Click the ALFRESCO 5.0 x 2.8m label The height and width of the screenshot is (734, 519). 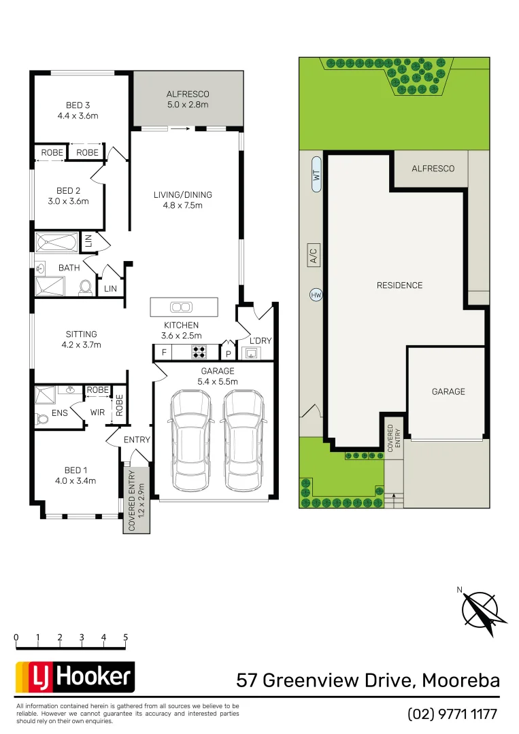[188, 99]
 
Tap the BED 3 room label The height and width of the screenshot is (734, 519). [78, 110]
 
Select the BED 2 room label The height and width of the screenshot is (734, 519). [68, 196]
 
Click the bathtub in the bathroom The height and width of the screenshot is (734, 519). [57, 243]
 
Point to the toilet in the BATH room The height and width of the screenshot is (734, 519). [86, 287]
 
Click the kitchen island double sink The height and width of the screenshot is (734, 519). [180, 307]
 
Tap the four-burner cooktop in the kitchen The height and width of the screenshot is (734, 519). [200, 352]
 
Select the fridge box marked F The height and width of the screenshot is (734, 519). [163, 352]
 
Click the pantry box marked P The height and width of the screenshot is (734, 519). [228, 353]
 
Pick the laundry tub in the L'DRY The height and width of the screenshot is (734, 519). [251, 352]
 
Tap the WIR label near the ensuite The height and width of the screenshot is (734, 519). [97, 412]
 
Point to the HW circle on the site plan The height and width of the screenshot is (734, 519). [316, 296]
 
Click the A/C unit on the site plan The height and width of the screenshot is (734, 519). [314, 256]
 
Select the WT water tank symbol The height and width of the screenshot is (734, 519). [316, 175]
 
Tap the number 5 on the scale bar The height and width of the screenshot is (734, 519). [126, 637]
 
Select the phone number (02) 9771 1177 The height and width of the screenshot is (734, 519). [452, 714]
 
